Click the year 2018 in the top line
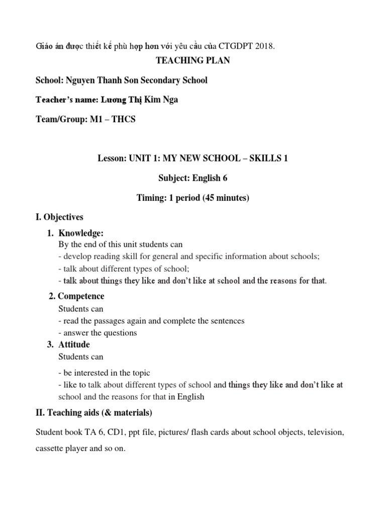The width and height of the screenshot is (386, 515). [x=265, y=46]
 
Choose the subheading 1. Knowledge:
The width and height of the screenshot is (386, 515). [x=80, y=233]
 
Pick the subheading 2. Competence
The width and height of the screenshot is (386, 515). [x=76, y=297]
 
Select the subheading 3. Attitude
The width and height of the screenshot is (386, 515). [x=74, y=345]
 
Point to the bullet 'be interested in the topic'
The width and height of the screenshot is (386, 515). [x=104, y=373]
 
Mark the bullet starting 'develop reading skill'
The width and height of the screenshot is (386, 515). [x=188, y=256]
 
